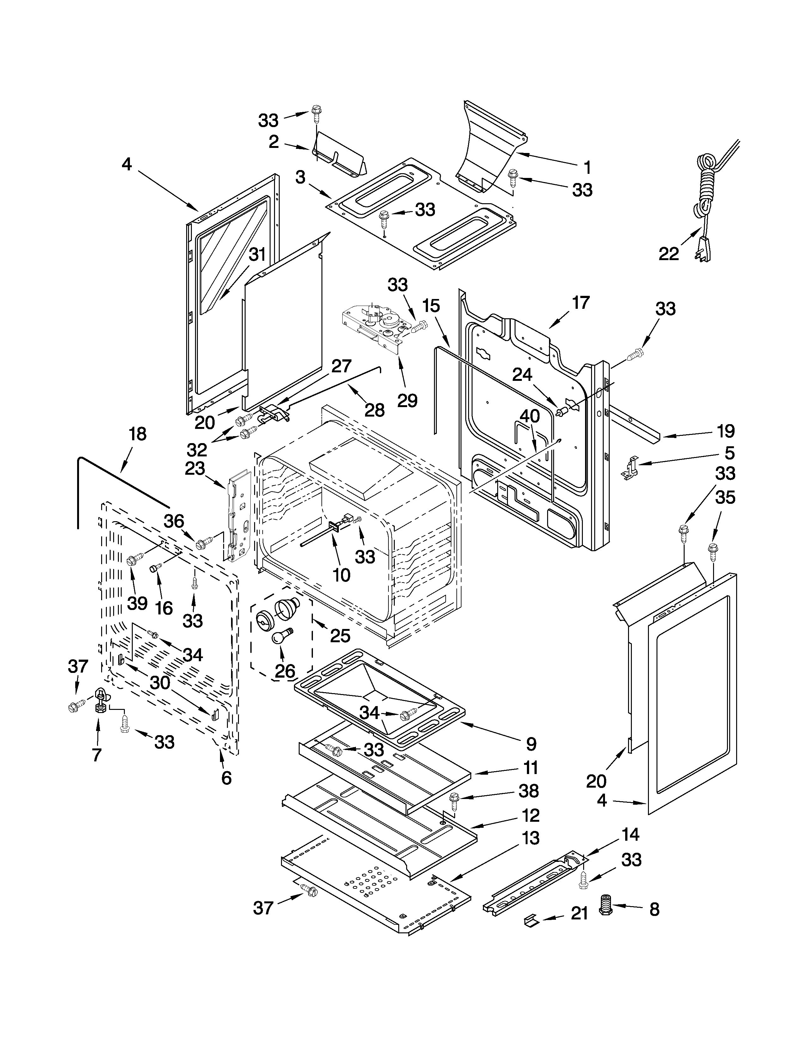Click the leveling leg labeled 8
(606, 905)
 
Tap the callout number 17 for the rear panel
(581, 303)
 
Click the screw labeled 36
(203, 542)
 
